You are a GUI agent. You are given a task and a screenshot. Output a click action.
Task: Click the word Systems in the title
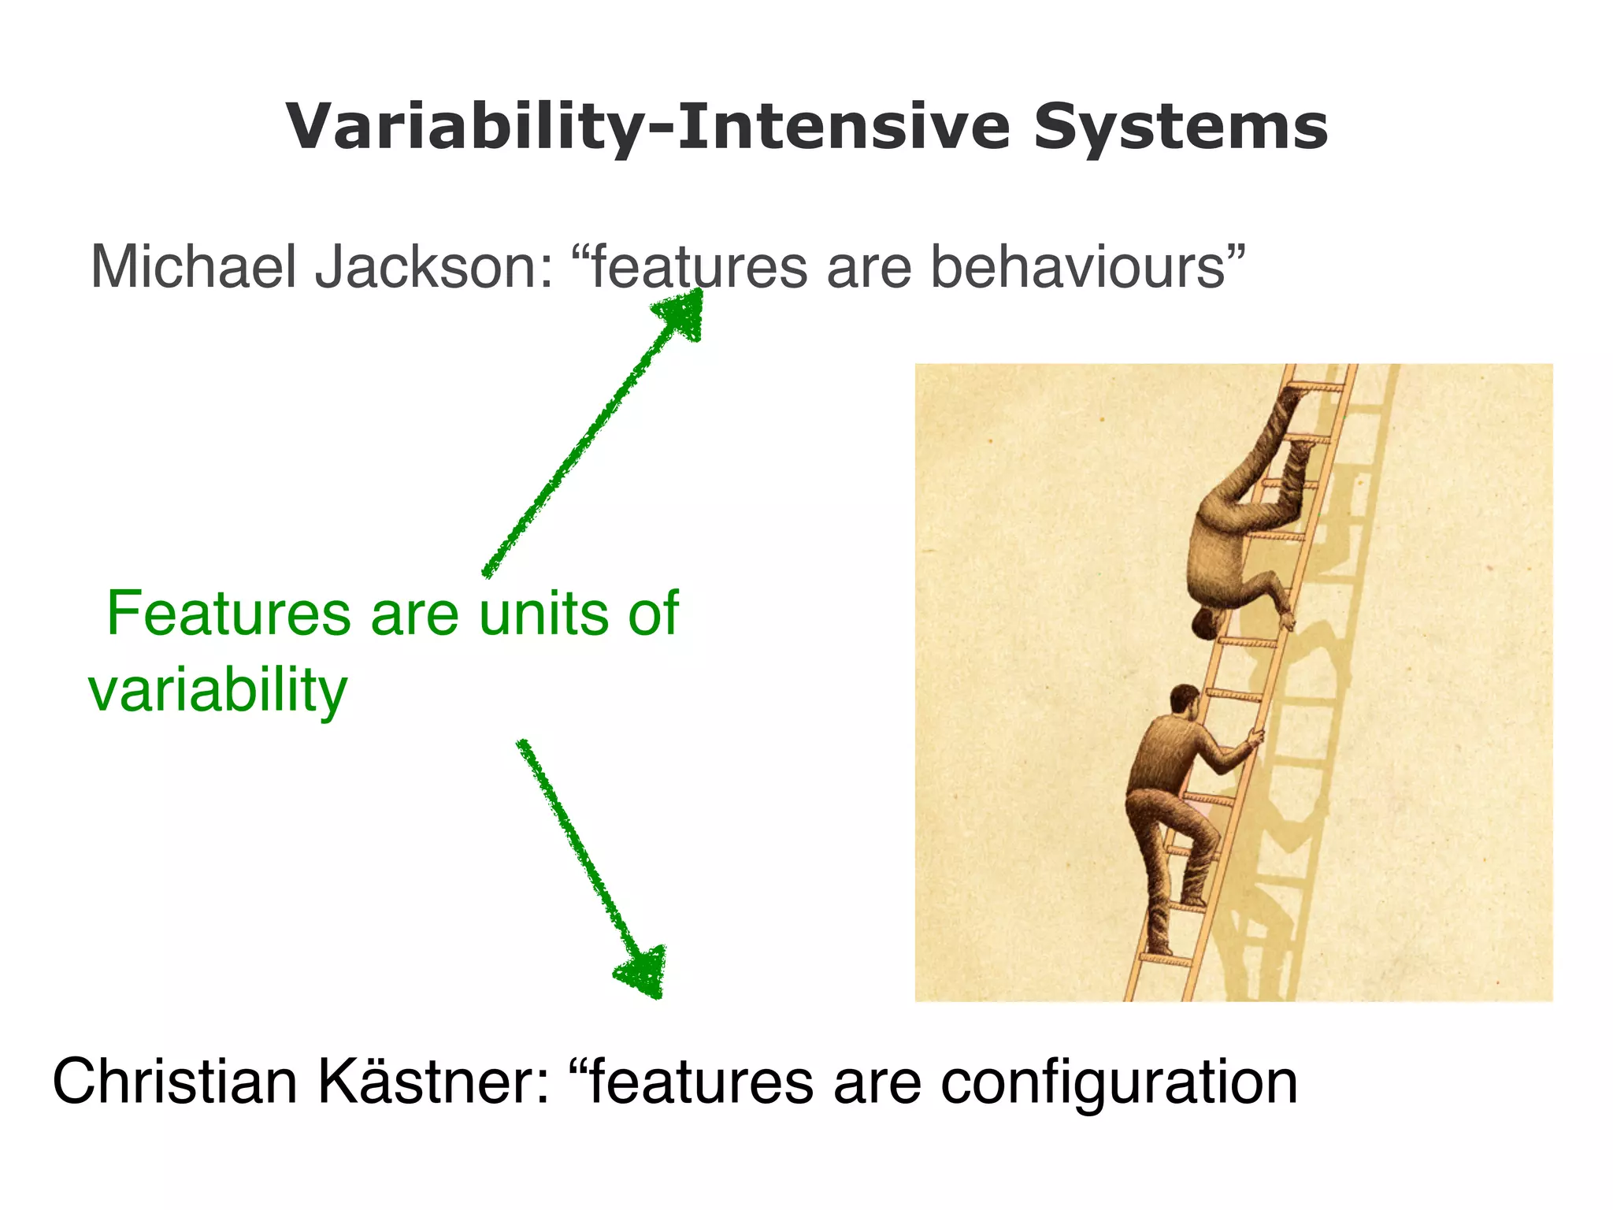tap(1181, 128)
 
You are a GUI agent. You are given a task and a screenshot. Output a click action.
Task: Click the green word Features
tap(228, 614)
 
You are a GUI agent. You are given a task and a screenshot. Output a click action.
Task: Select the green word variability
tap(217, 690)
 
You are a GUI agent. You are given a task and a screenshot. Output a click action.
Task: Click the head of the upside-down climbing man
tap(1206, 623)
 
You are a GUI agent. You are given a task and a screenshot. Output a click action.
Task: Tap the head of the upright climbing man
tap(1184, 700)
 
